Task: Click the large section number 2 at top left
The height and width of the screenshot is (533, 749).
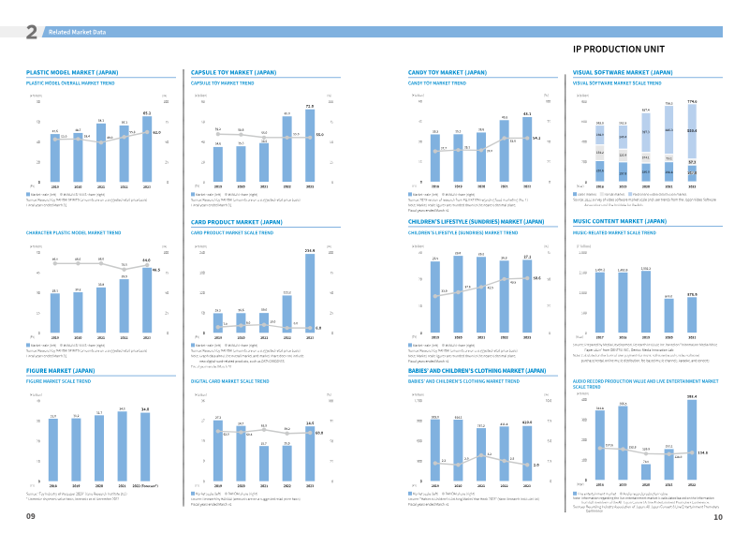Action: (x=31, y=33)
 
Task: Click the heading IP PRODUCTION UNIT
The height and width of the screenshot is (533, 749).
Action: (x=624, y=48)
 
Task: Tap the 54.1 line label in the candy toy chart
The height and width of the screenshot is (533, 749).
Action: (x=536, y=139)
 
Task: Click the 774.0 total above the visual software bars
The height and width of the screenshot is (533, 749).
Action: (x=691, y=100)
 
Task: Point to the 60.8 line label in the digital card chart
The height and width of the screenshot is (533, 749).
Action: (x=319, y=433)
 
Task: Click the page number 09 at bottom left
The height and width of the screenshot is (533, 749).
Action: (x=31, y=516)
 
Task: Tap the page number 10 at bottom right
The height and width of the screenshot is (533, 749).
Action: (x=717, y=516)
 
